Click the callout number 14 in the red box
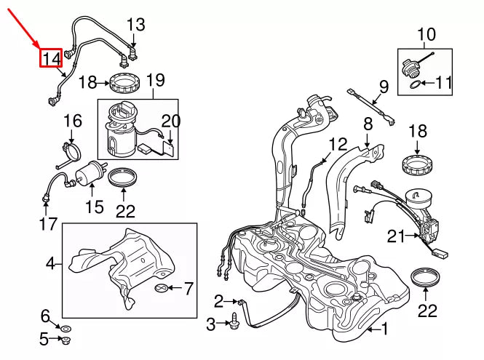pos(51,57)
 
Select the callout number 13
pos(136,25)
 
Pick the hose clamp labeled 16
pos(71,151)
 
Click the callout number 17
pos(48,225)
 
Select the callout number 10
pos(426,33)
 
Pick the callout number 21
pos(395,236)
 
